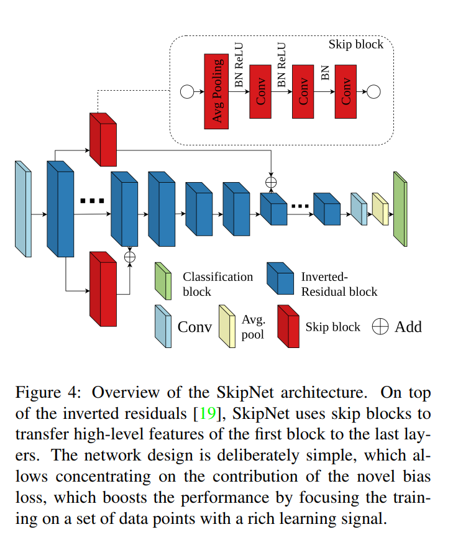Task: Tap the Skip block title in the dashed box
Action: pos(356,45)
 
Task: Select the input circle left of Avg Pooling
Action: pos(186,92)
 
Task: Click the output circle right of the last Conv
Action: pos(373,92)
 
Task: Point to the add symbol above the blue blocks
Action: pos(271,182)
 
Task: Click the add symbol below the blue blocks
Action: pos(130,255)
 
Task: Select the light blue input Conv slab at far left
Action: pos(24,209)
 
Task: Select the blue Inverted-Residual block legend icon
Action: pos(280,280)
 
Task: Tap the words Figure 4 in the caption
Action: pos(45,394)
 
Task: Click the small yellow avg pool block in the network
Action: pos(379,209)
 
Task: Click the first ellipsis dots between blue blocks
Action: pos(92,201)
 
